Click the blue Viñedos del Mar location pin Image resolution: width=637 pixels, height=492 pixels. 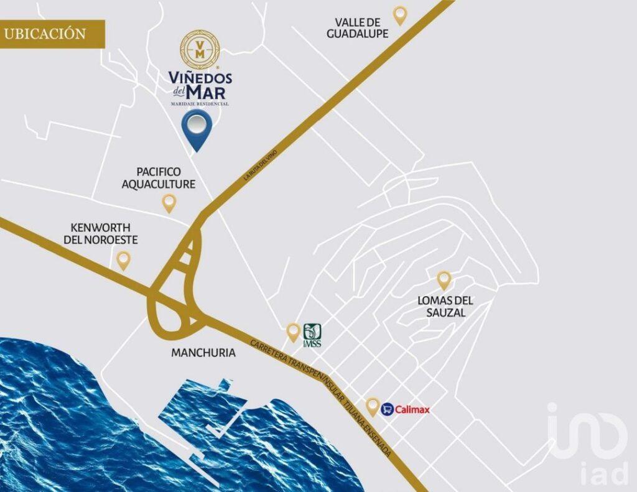(197, 128)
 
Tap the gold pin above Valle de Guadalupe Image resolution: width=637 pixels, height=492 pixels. (399, 14)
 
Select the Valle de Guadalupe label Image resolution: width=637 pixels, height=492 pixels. (358, 28)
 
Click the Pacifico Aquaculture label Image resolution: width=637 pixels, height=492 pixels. (159, 178)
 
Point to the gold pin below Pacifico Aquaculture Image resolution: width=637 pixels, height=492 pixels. (169, 202)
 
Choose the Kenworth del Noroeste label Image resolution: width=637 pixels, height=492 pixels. (100, 234)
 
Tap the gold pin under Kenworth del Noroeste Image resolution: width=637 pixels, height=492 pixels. (124, 259)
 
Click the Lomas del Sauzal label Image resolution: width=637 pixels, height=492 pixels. (445, 307)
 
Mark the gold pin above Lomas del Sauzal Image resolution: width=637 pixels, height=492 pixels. (444, 279)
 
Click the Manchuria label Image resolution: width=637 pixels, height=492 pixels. (203, 353)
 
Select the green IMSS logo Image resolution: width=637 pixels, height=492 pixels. (312, 335)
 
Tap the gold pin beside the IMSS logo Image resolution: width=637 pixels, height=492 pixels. (294, 332)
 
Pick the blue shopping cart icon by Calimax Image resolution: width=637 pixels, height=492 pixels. (387, 409)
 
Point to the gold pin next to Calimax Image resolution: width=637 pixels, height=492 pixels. (373, 406)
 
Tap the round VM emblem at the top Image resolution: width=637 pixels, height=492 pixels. (200, 50)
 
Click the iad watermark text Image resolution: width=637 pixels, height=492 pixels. (603, 473)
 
